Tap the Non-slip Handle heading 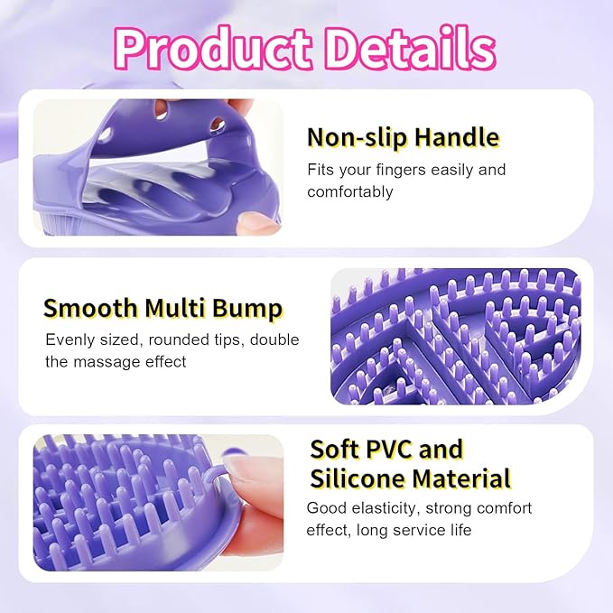[403, 137]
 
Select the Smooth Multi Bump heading [163, 308]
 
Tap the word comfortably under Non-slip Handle [350, 191]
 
